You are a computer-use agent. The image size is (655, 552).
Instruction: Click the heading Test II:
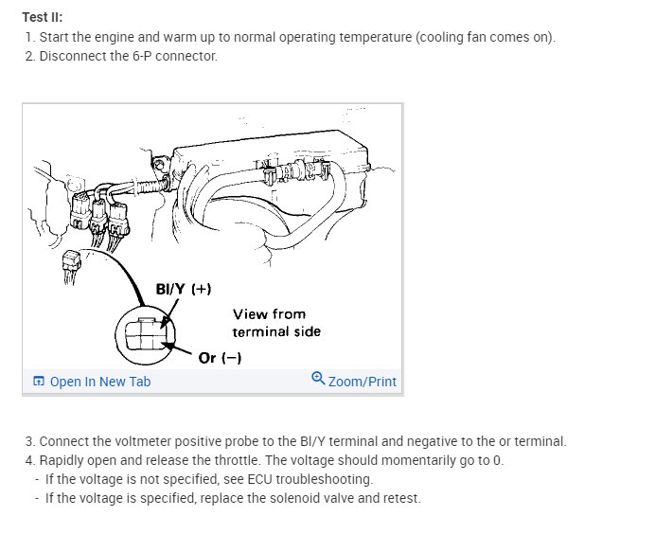coord(43,17)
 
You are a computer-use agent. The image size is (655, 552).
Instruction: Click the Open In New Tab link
coord(99,382)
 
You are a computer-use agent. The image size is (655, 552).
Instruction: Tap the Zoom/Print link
coord(362,382)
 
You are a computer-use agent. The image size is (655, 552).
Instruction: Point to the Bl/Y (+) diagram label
coord(182,289)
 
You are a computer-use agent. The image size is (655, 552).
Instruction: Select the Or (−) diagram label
coord(220,358)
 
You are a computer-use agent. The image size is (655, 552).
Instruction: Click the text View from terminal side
coord(276,323)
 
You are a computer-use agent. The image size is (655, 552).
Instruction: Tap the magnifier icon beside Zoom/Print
coord(318,380)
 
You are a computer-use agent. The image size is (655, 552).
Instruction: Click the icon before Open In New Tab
coord(39,382)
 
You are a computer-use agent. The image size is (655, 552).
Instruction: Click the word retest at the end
coord(400,498)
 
